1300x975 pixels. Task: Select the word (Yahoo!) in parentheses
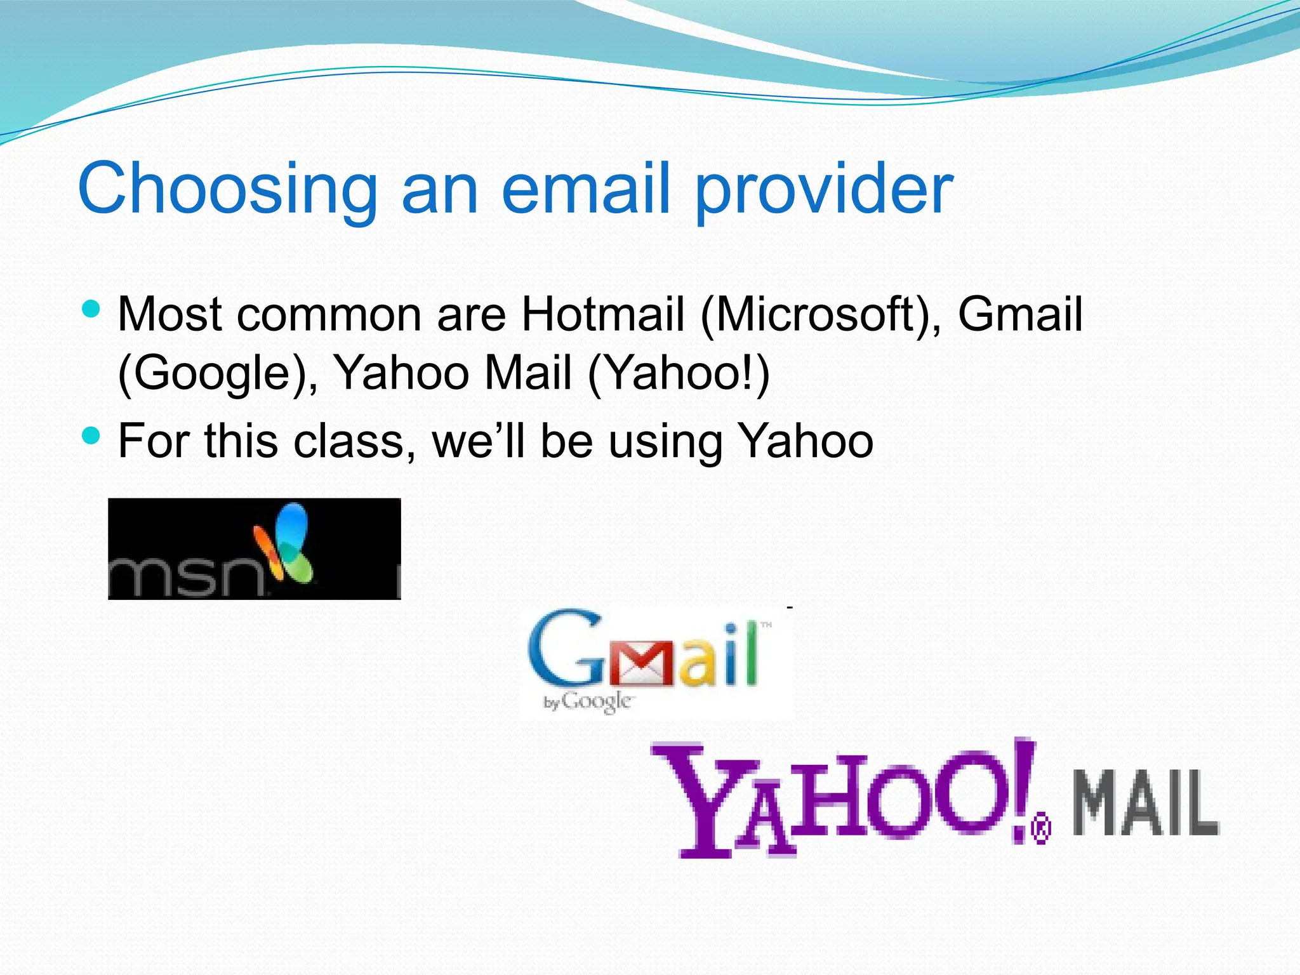679,373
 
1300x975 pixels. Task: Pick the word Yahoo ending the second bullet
807,441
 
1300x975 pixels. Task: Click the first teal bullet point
91,309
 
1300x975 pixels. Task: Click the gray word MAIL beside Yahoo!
1146,803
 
